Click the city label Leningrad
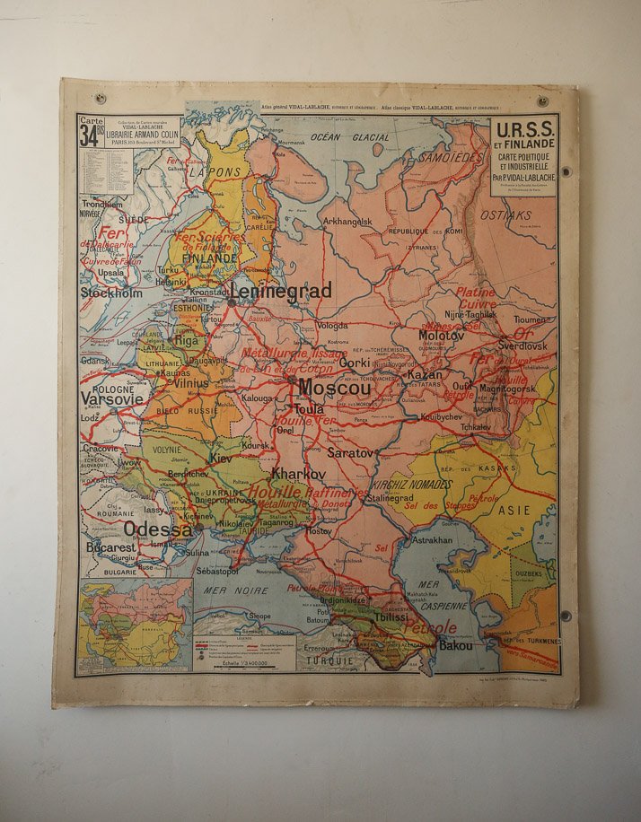[x=281, y=291]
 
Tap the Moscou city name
[x=334, y=389]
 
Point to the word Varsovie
[x=112, y=398]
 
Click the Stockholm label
[x=111, y=293]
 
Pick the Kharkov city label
[x=298, y=473]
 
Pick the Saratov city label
[x=349, y=453]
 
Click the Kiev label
[x=221, y=458]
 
